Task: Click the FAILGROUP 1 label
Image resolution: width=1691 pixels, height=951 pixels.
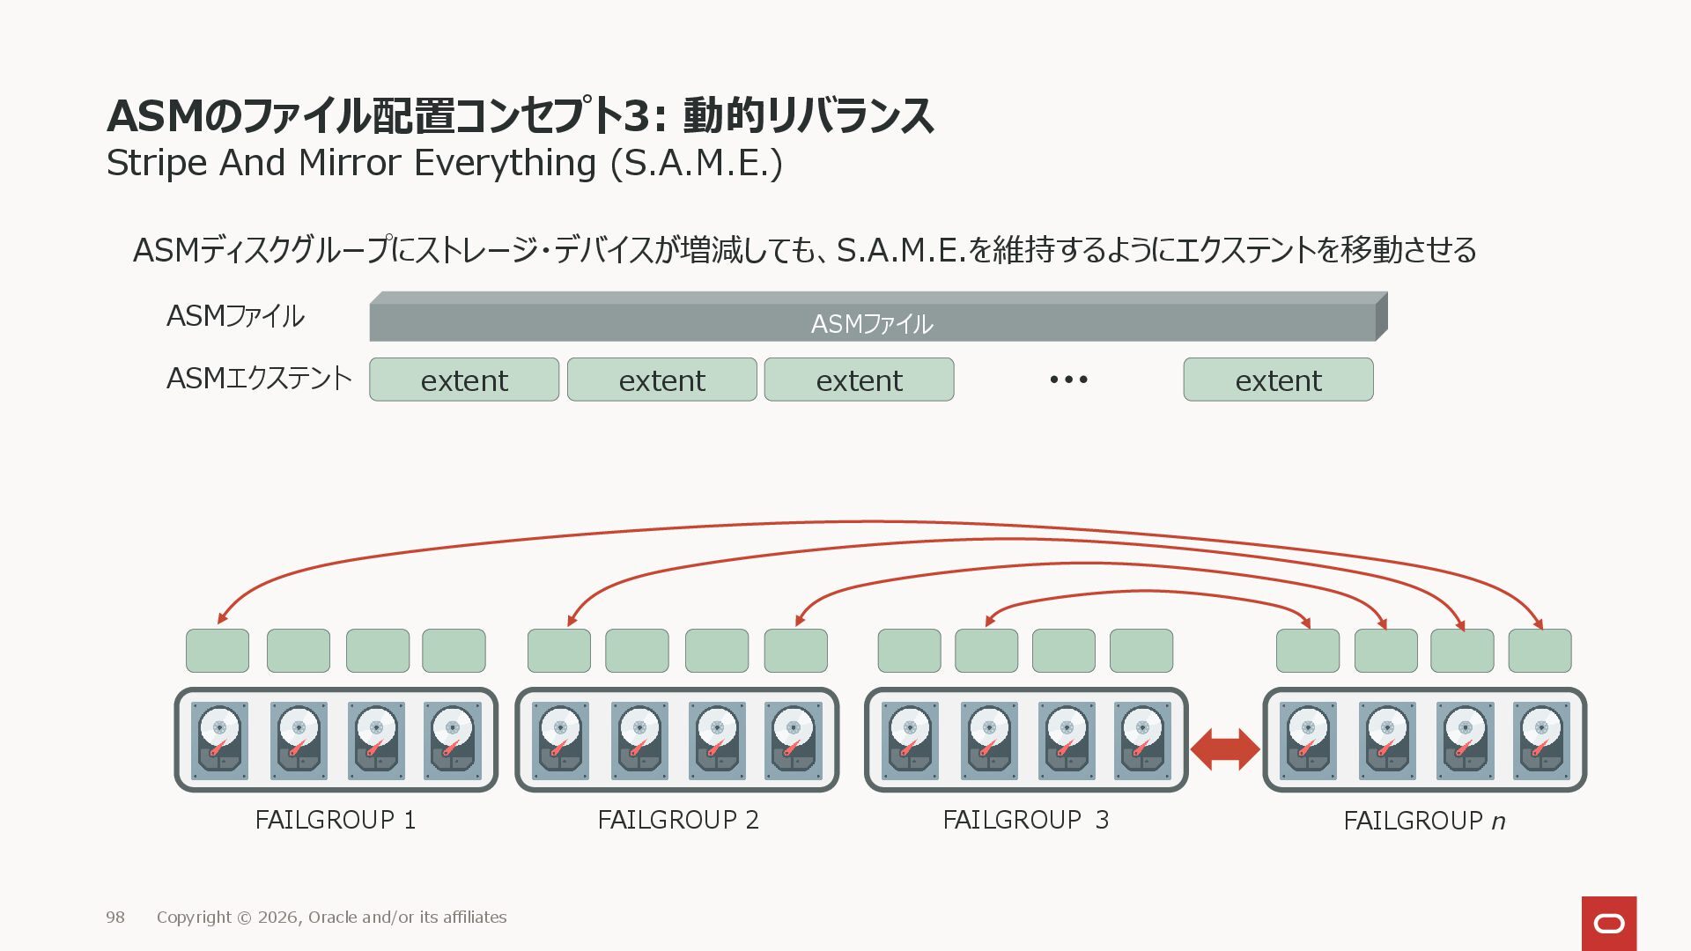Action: pos(335,820)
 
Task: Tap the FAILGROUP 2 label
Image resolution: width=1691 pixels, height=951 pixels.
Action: pos(677,820)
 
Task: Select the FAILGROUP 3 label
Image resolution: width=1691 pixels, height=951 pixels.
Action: pos(1025,820)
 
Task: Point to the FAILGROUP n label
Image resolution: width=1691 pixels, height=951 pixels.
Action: pos(1423,821)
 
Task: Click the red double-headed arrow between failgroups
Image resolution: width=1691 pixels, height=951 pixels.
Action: pos(1224,749)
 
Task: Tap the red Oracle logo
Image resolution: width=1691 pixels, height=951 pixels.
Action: pos(1608,923)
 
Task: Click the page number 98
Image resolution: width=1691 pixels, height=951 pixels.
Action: pos(115,918)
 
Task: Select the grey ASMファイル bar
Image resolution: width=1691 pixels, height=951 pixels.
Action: pos(872,322)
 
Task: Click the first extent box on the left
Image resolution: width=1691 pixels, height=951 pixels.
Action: pos(464,380)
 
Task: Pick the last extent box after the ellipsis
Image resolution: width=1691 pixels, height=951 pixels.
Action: pos(1278,380)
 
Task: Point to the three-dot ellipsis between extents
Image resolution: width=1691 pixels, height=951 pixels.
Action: pos(1068,380)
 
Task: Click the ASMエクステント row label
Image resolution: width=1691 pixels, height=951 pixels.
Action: pos(259,379)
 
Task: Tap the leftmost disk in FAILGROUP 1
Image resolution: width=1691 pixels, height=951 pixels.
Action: pos(219,741)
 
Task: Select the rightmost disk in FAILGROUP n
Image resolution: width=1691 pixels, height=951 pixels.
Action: pos(1541,741)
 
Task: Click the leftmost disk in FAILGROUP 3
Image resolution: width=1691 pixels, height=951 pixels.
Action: pos(910,741)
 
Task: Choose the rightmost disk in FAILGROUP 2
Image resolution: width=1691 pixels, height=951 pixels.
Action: pos(794,741)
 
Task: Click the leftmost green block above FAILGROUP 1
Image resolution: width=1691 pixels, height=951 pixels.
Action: pos(218,651)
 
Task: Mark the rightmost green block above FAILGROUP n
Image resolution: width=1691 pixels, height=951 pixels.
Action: pos(1540,651)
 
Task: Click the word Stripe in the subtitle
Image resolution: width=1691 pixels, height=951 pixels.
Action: pos(156,164)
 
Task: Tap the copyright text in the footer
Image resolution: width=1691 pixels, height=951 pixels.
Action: pos(331,918)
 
